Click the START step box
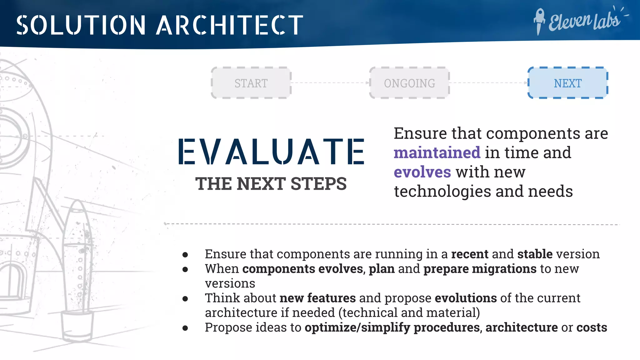tap(251, 83)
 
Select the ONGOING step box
tap(409, 83)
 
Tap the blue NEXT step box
tap(567, 83)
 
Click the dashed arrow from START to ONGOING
tap(330, 83)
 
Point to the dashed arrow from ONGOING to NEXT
tap(488, 83)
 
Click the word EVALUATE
tap(271, 152)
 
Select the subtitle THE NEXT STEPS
tap(271, 184)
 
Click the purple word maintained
tap(437, 153)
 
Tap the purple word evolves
tap(422, 172)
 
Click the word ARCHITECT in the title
tap(230, 25)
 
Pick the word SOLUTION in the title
tap(81, 25)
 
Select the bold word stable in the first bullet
tap(535, 254)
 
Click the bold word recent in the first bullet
tap(469, 254)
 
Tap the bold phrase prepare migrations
tap(480, 269)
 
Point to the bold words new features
tap(317, 298)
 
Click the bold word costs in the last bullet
tap(592, 327)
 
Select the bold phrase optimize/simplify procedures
tap(392, 327)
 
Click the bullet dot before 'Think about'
tap(185, 299)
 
